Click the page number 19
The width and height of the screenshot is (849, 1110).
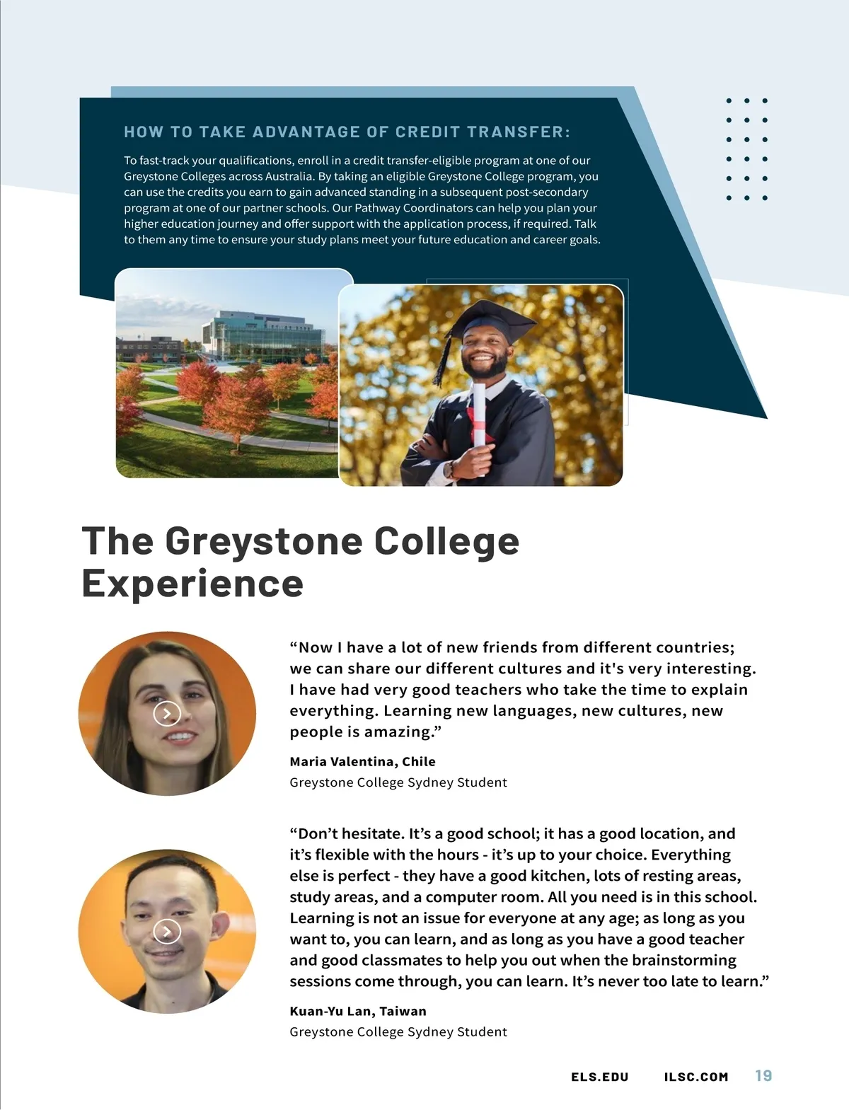click(763, 1076)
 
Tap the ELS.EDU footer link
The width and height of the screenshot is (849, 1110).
click(599, 1077)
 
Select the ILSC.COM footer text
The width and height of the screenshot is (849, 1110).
click(696, 1077)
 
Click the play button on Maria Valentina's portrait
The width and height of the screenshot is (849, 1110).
click(167, 713)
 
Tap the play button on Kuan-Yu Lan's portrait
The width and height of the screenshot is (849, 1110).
click(167, 931)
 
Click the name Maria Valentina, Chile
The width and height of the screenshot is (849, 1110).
click(362, 761)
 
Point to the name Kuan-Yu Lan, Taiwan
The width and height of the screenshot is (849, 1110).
click(358, 1011)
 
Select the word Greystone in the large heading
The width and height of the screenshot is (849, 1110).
click(262, 541)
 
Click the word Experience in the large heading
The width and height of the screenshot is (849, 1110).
click(192, 584)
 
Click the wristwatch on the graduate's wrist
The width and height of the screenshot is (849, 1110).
click(449, 468)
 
